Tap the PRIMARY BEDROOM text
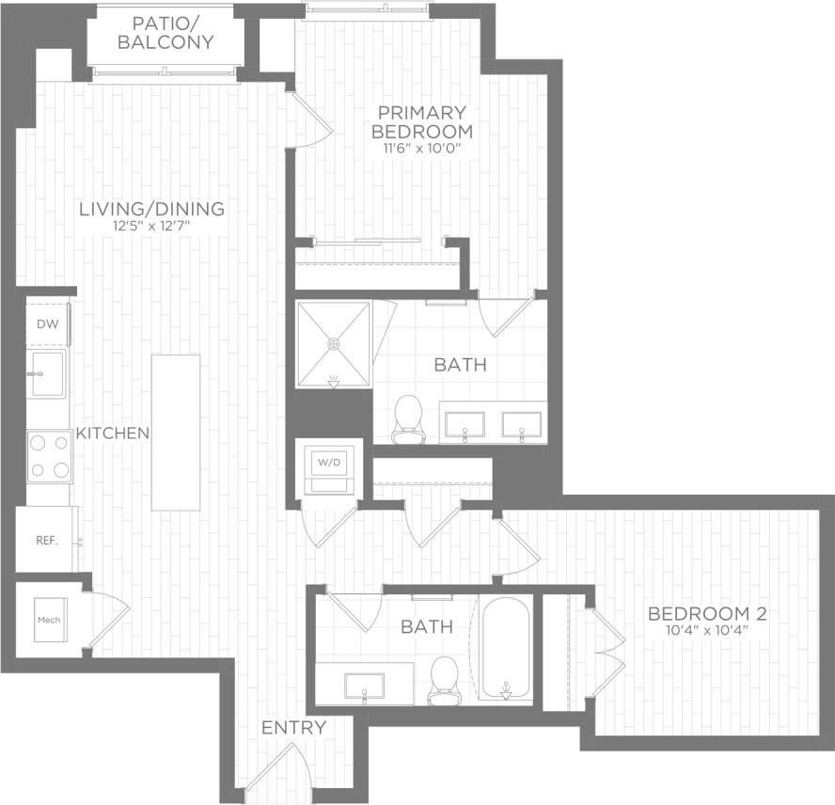click(422, 122)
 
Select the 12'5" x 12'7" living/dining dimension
click(152, 227)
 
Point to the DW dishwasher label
click(45, 324)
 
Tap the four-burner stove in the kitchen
click(50, 456)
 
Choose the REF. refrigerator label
click(46, 541)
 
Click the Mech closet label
click(49, 620)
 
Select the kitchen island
click(177, 432)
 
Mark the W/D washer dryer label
click(328, 463)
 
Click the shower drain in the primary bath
click(333, 344)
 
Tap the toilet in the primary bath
click(407, 419)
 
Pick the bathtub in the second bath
click(506, 649)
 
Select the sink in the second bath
click(364, 684)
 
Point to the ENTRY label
click(293, 728)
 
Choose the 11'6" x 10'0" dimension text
click(422, 149)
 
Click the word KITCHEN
click(113, 434)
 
